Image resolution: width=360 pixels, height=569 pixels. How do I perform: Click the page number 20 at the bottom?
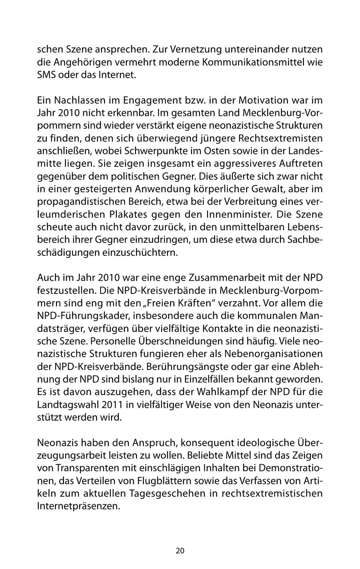(180, 551)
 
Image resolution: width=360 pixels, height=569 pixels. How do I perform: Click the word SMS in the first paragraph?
(46, 75)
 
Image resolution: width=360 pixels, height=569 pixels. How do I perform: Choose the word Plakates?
(125, 214)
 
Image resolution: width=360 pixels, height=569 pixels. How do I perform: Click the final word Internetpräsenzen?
(78, 506)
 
